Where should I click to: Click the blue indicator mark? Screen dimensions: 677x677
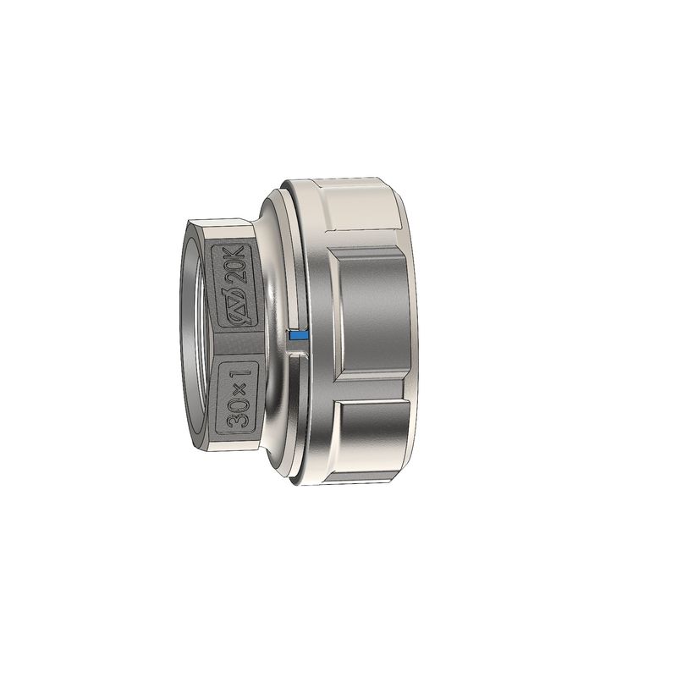pyautogui.click(x=298, y=334)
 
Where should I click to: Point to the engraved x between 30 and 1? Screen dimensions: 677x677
pyautogui.click(x=241, y=389)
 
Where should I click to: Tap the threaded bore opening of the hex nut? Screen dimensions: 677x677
pyautogui.click(x=192, y=337)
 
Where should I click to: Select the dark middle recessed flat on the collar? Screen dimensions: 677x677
pyautogui.click(x=373, y=310)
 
